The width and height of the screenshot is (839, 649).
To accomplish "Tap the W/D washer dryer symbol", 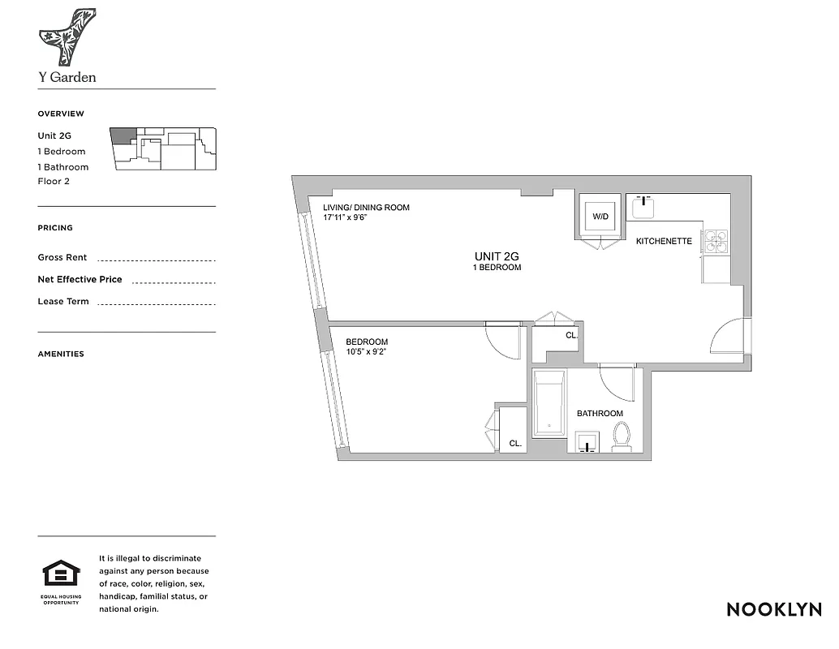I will pyautogui.click(x=600, y=217).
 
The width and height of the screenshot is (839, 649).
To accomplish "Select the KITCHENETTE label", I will pyautogui.click(x=663, y=241).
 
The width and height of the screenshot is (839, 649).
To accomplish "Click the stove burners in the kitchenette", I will pyautogui.click(x=716, y=241).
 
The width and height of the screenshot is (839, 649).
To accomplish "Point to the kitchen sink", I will pyautogui.click(x=646, y=207).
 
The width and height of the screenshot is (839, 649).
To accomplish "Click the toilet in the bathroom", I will pyautogui.click(x=622, y=436).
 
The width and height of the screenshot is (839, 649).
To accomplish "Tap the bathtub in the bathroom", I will pyautogui.click(x=549, y=403).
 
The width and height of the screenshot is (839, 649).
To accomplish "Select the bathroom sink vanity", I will pyautogui.click(x=587, y=442).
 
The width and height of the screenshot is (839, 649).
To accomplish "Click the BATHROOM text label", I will pyautogui.click(x=600, y=414).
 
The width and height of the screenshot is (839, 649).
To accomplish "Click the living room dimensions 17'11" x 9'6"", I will pyautogui.click(x=346, y=217).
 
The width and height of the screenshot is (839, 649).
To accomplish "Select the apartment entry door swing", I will pyautogui.click(x=726, y=337).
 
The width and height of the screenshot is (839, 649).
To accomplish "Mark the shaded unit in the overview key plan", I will pyautogui.click(x=123, y=135).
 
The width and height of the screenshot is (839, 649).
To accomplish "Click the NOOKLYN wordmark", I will pyautogui.click(x=773, y=609).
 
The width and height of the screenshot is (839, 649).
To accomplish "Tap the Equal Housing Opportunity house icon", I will pyautogui.click(x=62, y=575).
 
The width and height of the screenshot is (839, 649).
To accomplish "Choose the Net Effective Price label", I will pyautogui.click(x=80, y=279).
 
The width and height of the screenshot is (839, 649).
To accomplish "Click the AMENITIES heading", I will pyautogui.click(x=61, y=354).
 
